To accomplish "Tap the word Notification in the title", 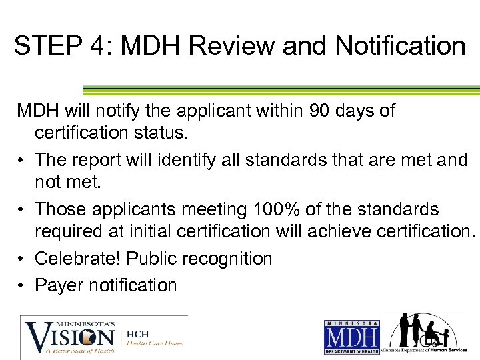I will click(x=400, y=46).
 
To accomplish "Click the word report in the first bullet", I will click(x=95, y=160).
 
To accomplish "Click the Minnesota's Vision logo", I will click(x=70, y=335).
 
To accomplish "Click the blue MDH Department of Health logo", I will click(x=351, y=337).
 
